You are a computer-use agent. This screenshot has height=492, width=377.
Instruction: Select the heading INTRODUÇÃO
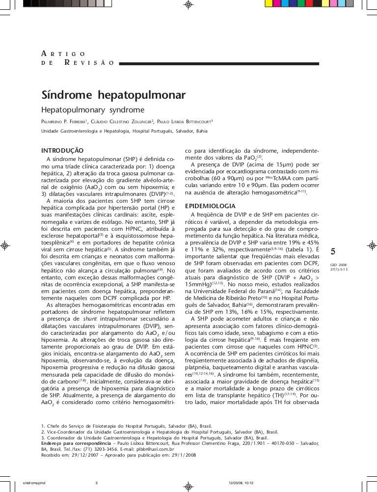click(x=62, y=150)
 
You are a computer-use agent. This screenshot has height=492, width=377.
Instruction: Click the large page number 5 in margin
click(x=333, y=252)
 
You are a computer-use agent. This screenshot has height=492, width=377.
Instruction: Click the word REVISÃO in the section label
click(x=88, y=63)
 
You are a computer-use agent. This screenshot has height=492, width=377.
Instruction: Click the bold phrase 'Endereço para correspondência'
click(x=76, y=443)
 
